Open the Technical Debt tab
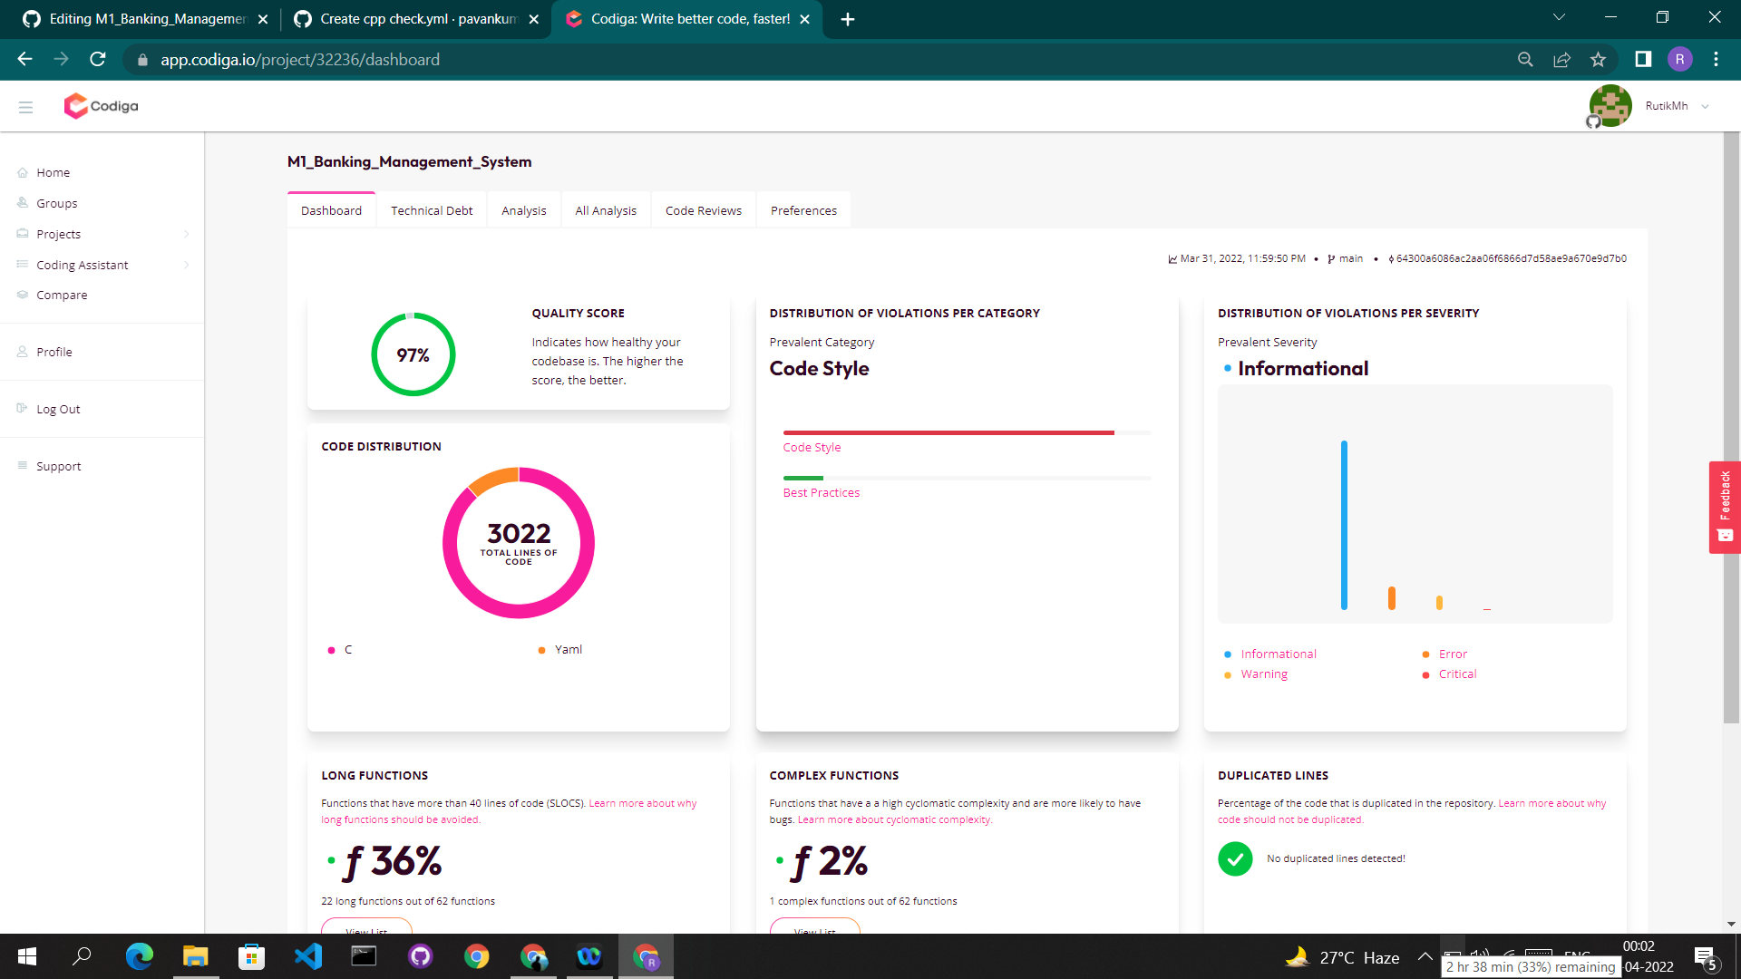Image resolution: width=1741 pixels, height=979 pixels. point(432,210)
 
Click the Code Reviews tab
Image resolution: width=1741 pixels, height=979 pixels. point(703,210)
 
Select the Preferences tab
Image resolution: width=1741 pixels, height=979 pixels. point(803,210)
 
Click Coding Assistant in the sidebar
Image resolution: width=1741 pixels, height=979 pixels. point(83,265)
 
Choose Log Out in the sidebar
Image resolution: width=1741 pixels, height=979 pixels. point(58,409)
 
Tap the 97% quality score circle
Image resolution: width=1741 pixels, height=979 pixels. point(413,354)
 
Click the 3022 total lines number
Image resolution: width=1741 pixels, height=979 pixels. point(519,533)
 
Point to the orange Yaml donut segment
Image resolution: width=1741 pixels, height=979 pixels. point(492,480)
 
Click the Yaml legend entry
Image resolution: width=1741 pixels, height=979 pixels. point(568,649)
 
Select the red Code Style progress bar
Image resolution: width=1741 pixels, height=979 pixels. point(948,432)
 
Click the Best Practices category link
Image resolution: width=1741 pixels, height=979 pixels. point(822,492)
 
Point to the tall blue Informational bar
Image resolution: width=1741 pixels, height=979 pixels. point(1344,526)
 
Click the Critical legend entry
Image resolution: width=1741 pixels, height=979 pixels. point(1457,674)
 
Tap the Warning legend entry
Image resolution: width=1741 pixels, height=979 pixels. point(1264,674)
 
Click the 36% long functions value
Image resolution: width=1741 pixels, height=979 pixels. point(405,861)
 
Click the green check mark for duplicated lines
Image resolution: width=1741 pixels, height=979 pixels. point(1235,858)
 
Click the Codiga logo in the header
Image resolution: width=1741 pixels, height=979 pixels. point(102,106)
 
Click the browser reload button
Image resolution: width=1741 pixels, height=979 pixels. point(98,59)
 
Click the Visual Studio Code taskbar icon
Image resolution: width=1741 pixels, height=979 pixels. point(308,956)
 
